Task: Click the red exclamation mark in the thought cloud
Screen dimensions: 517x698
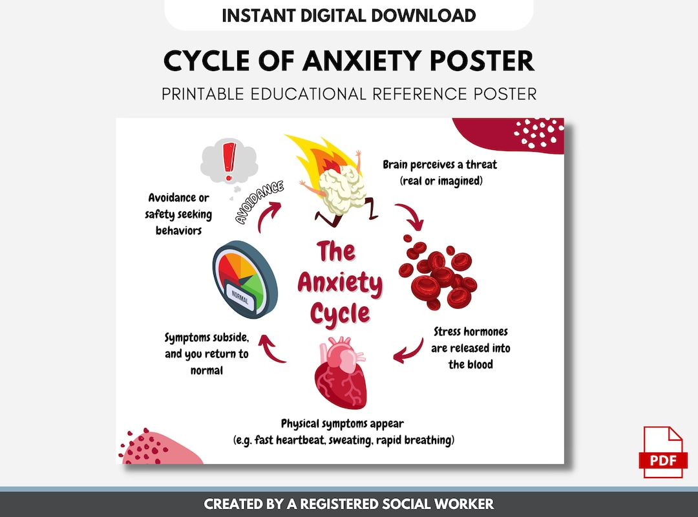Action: tap(227, 162)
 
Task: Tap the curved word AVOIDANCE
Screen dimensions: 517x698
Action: tap(260, 202)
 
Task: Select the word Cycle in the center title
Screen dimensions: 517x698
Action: tap(340, 313)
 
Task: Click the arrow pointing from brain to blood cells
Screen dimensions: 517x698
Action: tap(410, 216)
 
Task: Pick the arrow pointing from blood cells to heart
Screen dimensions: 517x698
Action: tap(407, 350)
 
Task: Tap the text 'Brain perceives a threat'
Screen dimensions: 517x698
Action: tap(439, 164)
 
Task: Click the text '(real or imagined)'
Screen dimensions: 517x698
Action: tap(441, 180)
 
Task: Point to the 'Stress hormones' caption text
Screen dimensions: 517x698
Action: tap(471, 332)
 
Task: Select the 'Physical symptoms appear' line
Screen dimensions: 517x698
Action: tap(343, 424)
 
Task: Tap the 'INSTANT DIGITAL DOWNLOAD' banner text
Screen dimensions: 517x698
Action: tap(349, 16)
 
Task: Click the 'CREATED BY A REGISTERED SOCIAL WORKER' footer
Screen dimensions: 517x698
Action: tap(349, 504)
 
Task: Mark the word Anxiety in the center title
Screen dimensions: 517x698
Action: tap(340, 283)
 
